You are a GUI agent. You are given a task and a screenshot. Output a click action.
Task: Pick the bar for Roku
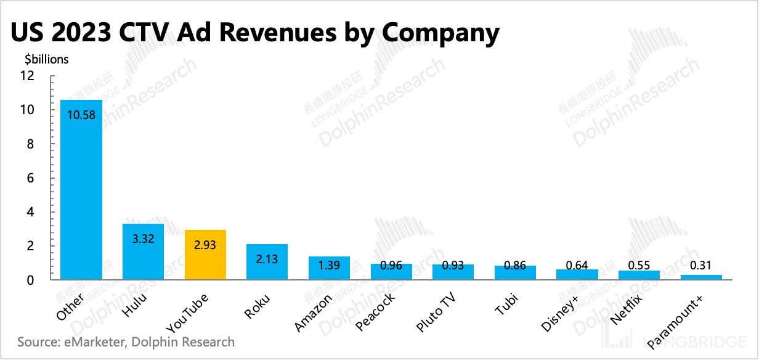267,262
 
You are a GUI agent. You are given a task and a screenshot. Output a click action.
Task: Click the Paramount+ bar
701,277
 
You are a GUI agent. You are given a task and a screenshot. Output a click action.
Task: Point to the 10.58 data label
81,115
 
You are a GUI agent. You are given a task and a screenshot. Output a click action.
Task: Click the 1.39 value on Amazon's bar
329,266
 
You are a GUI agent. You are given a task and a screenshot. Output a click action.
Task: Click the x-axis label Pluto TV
437,313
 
